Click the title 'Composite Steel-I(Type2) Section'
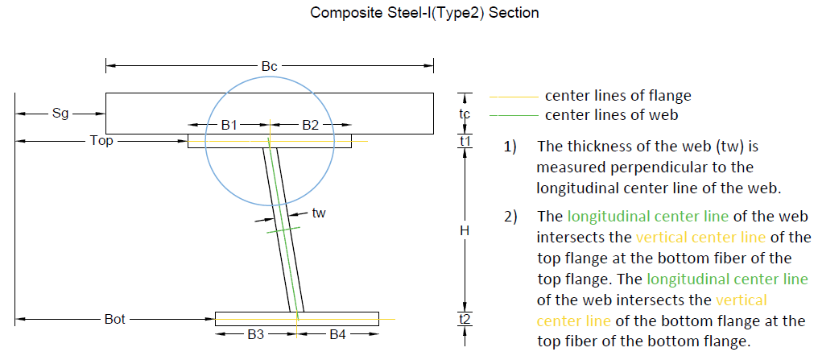click(x=424, y=13)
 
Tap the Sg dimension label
click(x=60, y=114)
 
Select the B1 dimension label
click(x=229, y=125)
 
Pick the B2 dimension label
click(x=310, y=125)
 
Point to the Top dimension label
click(x=102, y=141)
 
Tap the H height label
click(x=465, y=230)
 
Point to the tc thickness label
click(x=465, y=114)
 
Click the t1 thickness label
click(x=465, y=142)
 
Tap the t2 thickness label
click(x=465, y=319)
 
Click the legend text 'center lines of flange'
click(x=618, y=96)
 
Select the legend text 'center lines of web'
click(x=611, y=114)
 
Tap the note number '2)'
click(x=510, y=217)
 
